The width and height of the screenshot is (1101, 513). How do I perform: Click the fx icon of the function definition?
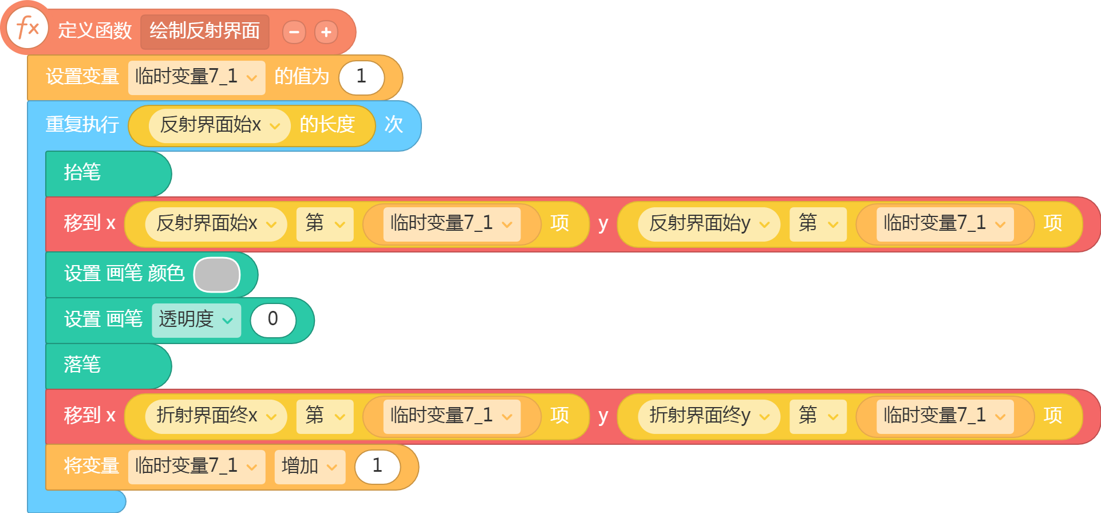point(27,27)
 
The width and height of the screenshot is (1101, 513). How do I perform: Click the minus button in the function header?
point(294,32)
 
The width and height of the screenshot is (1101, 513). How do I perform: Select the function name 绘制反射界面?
point(204,31)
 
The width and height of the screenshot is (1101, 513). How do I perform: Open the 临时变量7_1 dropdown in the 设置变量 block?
point(196,77)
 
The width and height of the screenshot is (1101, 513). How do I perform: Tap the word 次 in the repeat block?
point(393,125)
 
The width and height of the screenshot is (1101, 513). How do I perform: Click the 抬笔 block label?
point(82,172)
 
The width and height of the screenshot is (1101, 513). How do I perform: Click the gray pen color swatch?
point(217,275)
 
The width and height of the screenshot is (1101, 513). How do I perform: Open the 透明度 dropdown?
point(196,320)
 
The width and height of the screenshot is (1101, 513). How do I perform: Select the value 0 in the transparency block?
point(273,320)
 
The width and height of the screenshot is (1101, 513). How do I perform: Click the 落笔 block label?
point(82,365)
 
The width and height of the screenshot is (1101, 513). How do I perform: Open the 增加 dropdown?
point(310,467)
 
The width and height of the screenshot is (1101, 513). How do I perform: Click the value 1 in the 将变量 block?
point(377,467)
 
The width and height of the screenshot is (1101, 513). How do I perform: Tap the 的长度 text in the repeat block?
point(327,125)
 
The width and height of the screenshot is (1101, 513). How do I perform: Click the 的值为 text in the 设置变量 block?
point(302,77)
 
